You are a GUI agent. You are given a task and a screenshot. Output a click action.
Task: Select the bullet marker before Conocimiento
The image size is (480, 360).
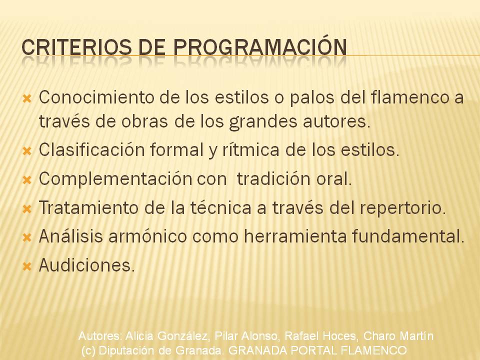tap(27, 98)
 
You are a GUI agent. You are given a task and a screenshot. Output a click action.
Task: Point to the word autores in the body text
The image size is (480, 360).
tap(336, 121)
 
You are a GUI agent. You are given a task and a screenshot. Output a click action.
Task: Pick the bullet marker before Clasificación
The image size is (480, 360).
tap(27, 151)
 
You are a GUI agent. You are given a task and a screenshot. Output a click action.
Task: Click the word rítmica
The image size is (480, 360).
tap(250, 150)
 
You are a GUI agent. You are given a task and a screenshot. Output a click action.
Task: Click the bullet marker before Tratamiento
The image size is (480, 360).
tap(27, 209)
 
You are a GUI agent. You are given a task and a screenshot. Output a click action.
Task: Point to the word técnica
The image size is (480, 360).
tap(220, 207)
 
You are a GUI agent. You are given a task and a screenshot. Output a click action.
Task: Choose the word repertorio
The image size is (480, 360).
tap(402, 208)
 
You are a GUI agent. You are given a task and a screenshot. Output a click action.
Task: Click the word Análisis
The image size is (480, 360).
tap(70, 236)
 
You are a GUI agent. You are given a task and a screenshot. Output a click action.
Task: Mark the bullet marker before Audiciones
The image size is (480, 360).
tap(27, 266)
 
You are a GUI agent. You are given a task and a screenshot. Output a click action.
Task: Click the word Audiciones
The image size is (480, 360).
tap(86, 265)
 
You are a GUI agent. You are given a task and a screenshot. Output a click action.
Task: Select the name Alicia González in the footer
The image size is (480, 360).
tap(167, 336)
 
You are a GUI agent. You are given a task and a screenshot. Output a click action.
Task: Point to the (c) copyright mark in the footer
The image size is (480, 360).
tap(88, 350)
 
